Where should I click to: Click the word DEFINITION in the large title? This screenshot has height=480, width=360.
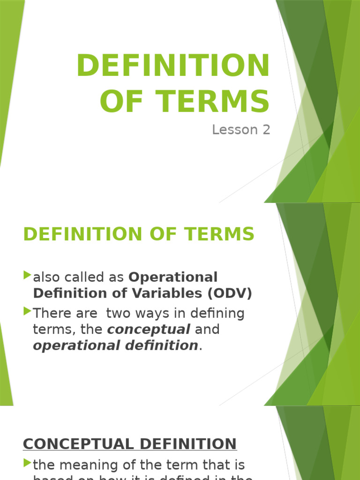coord(173,66)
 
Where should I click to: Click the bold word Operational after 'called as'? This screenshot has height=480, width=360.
coord(173,277)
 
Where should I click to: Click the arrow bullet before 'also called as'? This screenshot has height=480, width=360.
coord(27,275)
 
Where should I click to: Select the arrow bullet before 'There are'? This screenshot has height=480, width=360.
coord(27,311)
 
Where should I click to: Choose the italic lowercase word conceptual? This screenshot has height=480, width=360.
coord(149,330)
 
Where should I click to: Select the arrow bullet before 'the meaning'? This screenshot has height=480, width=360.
coord(27,464)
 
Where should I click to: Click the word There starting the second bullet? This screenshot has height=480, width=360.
coord(52,313)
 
